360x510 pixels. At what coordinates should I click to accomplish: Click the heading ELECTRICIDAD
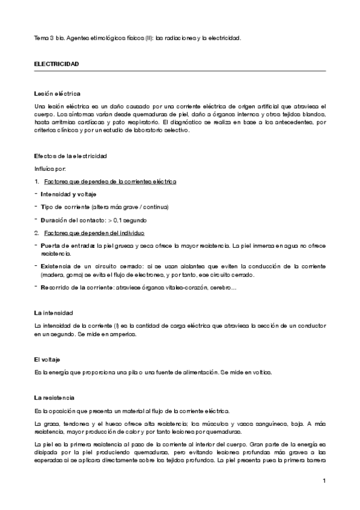pos(56,63)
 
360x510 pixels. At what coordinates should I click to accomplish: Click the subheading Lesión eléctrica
pos(57,94)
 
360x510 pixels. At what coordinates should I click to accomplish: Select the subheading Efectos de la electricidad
pos(70,156)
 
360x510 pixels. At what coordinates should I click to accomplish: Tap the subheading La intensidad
pos(53,313)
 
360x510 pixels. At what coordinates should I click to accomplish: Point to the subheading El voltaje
pos(49,359)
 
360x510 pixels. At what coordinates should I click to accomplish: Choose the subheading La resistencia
pos(54,398)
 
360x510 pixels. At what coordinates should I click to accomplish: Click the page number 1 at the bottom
pos(324,481)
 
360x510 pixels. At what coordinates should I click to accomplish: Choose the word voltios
pos(260,373)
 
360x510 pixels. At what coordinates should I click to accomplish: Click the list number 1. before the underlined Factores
pos(37,181)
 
